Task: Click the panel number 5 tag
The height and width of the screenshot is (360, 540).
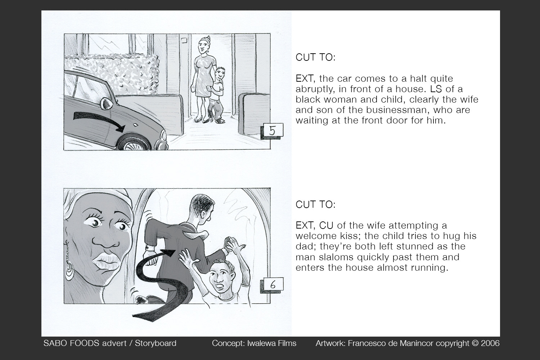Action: pyautogui.click(x=273, y=131)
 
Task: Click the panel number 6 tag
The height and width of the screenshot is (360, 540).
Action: pyautogui.click(x=273, y=285)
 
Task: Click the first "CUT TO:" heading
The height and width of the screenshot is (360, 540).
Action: pyautogui.click(x=315, y=57)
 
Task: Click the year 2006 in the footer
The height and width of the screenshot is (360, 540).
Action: pyautogui.click(x=490, y=343)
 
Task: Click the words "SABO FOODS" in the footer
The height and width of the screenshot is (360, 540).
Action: pyautogui.click(x=71, y=343)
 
